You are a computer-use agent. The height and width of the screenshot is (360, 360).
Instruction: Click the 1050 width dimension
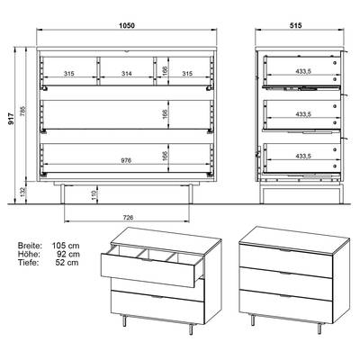tap(127, 25)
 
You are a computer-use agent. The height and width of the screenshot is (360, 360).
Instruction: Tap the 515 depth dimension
tap(295, 25)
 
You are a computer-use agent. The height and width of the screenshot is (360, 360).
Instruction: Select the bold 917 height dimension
tap(12, 119)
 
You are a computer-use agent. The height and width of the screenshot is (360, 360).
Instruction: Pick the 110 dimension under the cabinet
tap(94, 195)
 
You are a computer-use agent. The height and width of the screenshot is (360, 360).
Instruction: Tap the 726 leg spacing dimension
tap(128, 218)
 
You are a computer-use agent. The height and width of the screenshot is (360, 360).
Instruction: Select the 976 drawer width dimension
tap(127, 161)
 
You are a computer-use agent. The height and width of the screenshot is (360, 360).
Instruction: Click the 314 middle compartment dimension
tap(127, 74)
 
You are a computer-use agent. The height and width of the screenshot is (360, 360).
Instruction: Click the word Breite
tap(30, 246)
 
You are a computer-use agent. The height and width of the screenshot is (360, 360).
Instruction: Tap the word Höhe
tap(29, 254)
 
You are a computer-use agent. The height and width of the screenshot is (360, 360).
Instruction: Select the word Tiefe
tap(28, 263)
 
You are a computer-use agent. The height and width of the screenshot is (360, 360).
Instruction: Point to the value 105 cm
tap(66, 246)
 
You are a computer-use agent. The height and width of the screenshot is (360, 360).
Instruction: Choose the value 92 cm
tap(68, 254)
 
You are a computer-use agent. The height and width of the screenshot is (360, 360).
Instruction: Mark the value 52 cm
tap(67, 263)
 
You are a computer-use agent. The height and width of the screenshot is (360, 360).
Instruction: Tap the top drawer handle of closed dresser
tap(285, 250)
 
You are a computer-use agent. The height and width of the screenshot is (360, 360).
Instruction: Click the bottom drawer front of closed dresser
tap(286, 306)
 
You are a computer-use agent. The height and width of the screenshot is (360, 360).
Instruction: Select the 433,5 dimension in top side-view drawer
tap(303, 71)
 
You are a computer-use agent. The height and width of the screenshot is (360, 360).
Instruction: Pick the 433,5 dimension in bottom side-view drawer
tap(303, 157)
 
